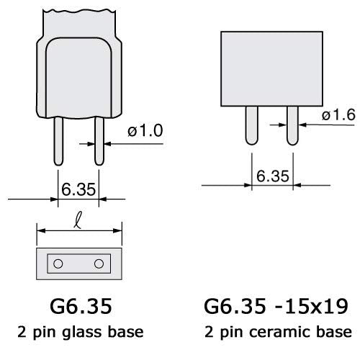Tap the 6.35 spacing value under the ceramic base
pos(271,176)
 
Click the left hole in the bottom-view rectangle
pos(57,262)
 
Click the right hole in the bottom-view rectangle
pos(99,262)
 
